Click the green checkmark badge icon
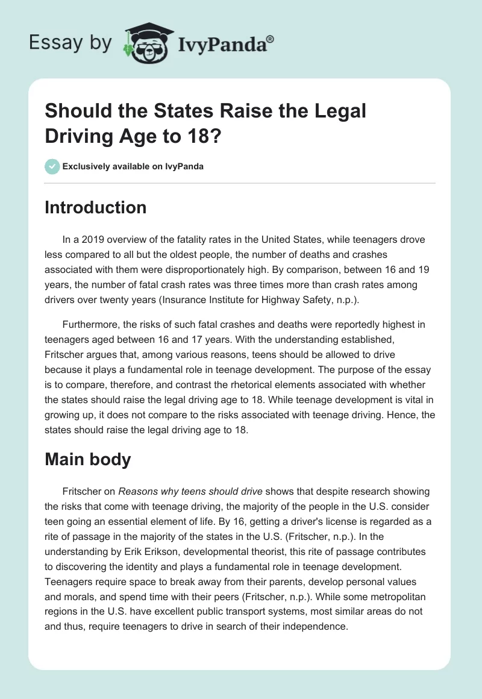tap(52, 166)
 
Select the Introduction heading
tap(96, 207)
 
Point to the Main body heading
tap(88, 459)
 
